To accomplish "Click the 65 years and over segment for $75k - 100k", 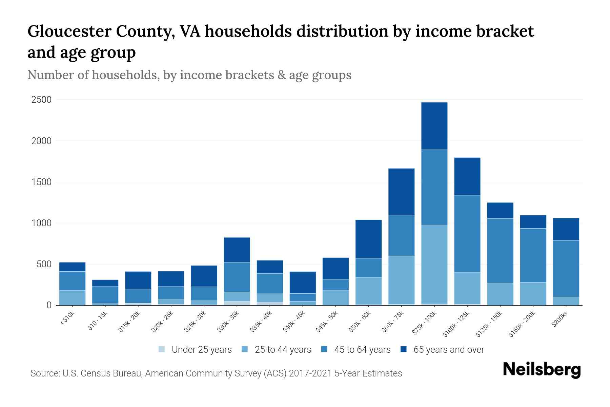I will point(434,126).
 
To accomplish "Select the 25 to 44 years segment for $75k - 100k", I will point(434,264).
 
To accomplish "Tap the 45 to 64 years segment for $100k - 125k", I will point(467,234).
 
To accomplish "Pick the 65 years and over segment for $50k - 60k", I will point(368,239).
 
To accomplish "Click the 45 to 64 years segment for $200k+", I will point(566,269).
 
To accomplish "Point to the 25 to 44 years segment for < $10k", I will point(72,298).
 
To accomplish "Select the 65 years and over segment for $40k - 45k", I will point(303,282).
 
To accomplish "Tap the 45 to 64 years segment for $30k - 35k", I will point(237,277).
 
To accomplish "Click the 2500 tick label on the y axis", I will point(41,100).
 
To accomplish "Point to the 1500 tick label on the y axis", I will point(41,182).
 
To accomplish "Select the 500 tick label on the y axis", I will point(44,264).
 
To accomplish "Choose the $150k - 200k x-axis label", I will point(522,324).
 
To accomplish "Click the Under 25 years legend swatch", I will point(162,349).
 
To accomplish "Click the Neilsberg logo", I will point(542,369).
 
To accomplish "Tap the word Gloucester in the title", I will point(69,31).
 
